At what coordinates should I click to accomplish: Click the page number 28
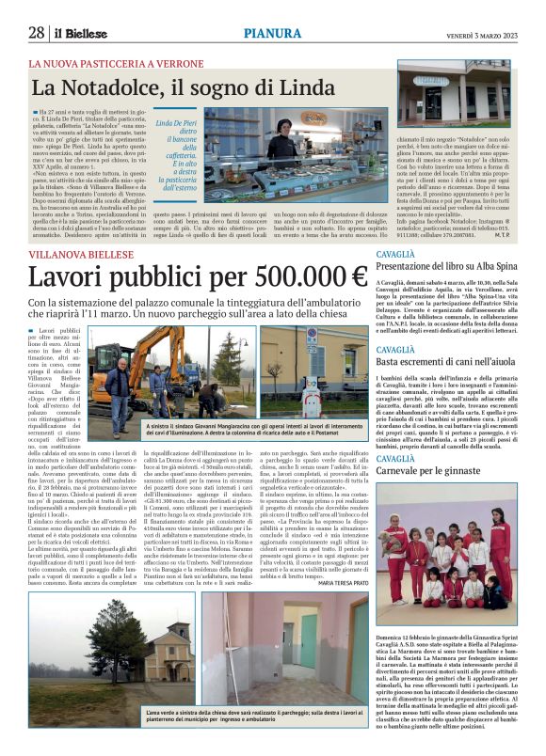coord(37,33)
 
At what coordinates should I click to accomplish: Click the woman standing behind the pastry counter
coord(282,141)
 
